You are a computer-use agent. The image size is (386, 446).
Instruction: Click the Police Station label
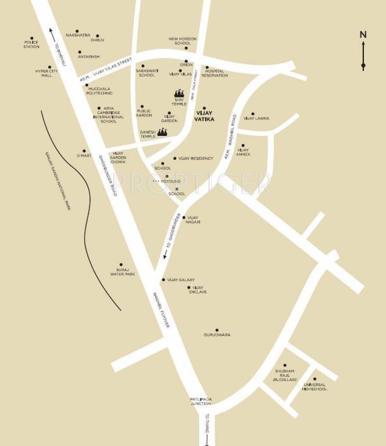tap(31, 44)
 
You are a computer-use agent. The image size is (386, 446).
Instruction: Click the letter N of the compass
tap(363, 34)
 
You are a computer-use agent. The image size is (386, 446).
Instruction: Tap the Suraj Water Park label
tap(123, 272)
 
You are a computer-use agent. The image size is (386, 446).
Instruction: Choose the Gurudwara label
tap(217, 335)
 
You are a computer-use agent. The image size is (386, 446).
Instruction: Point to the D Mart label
tap(84, 156)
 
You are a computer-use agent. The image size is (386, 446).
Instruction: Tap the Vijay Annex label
tap(244, 152)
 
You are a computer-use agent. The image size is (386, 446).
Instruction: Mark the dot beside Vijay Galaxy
tap(163, 279)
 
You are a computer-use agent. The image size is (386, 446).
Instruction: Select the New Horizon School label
tap(183, 41)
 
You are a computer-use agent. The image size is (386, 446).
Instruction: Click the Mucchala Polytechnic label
tap(99, 91)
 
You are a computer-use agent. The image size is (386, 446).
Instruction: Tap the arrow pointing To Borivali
tap(51, 33)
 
